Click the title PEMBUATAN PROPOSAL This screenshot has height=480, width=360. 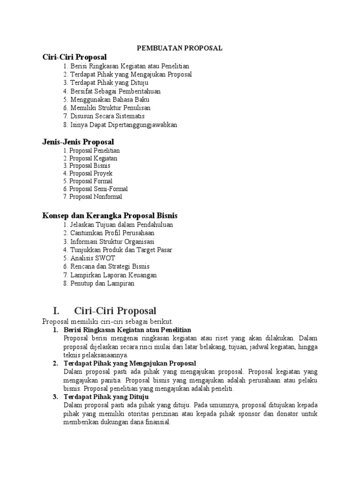179,48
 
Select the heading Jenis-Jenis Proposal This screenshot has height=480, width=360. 78,142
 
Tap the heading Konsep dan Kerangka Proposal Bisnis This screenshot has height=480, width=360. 110,216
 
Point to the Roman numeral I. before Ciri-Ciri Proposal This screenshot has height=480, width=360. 57,311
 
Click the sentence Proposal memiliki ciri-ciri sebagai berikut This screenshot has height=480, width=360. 108,322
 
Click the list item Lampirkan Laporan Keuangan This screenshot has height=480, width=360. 113,275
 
